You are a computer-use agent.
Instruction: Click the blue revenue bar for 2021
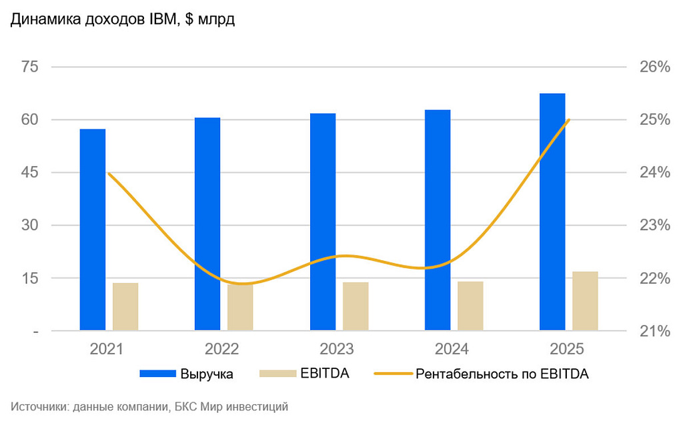[x=93, y=230]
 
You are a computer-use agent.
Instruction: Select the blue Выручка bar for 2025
[x=552, y=211]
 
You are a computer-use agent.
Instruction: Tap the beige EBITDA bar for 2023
[x=356, y=306]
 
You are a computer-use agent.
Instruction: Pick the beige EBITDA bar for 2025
[x=585, y=301]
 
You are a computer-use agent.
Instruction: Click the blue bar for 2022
[x=207, y=224]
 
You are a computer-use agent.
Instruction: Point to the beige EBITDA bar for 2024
[x=470, y=306]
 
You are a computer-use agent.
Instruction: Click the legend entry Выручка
[x=187, y=374]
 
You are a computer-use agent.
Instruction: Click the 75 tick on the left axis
[x=31, y=67]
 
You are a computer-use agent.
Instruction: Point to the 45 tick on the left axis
[x=31, y=173]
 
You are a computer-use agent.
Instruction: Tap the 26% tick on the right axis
[x=653, y=67]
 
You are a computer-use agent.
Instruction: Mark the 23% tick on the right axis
[x=653, y=226]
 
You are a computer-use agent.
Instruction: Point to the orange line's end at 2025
[x=568, y=120]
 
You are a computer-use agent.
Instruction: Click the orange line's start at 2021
[x=109, y=173]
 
